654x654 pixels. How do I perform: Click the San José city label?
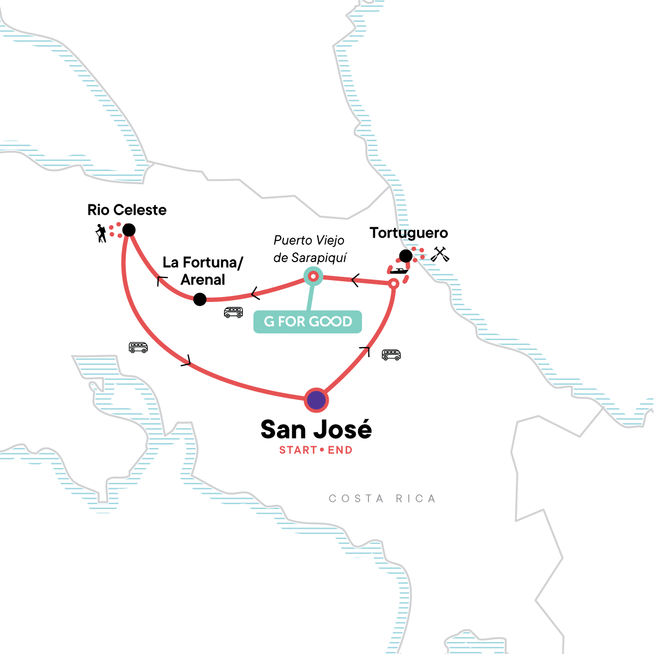point(316,429)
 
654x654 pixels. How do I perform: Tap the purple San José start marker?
point(316,401)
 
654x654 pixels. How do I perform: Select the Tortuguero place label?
point(409,233)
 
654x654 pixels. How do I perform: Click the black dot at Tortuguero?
point(406,256)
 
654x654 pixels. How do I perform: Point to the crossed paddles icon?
point(440,254)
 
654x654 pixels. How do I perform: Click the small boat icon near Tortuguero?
point(399,271)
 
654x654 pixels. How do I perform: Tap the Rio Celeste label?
point(127,210)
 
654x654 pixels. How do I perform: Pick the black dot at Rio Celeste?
point(129,230)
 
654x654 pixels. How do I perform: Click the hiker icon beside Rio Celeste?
point(101,233)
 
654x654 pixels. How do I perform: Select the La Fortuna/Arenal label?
point(203,271)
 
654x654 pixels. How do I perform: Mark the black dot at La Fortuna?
point(200,299)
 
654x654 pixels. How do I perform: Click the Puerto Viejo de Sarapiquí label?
point(310,249)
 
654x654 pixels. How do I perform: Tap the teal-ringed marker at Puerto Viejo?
point(313,277)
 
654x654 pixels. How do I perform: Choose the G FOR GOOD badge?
point(308,322)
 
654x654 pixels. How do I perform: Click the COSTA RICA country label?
point(382,499)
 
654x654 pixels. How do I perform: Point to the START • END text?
point(316,450)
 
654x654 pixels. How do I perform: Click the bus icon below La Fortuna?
point(233,312)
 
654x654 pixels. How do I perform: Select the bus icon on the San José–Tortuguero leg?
point(391,355)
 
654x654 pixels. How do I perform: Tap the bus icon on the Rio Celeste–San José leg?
point(138,347)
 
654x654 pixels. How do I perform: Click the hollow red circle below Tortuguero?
point(393,283)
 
